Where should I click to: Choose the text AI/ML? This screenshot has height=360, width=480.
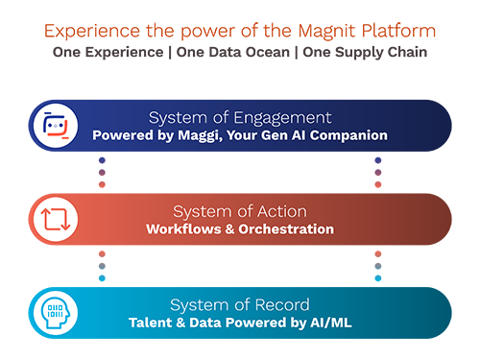coord(329,323)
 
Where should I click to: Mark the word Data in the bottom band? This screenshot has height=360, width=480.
coord(208,323)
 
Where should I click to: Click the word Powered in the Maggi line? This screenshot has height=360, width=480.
coord(122,135)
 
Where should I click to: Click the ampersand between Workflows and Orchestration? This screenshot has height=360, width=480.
coord(233,229)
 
